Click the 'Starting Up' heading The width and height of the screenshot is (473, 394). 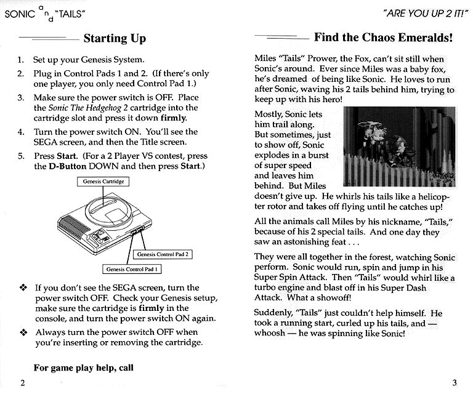[x=115, y=39]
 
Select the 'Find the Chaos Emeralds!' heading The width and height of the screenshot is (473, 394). [x=384, y=37]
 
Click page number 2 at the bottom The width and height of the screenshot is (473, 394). [x=22, y=382]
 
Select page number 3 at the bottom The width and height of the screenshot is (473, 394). [x=453, y=382]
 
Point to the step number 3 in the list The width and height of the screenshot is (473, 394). [x=20, y=98]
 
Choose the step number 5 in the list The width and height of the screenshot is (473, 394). [x=20, y=155]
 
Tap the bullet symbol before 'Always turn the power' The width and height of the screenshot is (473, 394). [x=23, y=332]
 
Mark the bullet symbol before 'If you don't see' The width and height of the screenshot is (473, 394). [x=23, y=287]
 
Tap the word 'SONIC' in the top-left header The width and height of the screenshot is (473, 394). [x=17, y=14]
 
